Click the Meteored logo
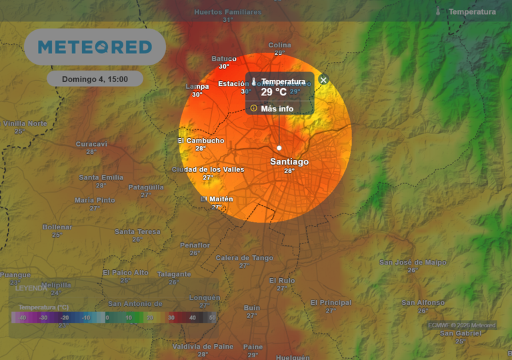click(95, 47)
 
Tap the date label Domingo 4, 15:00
click(95, 79)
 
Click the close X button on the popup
click(323, 80)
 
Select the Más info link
click(277, 109)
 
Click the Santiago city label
click(289, 162)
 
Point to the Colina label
click(280, 45)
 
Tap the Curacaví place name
click(91, 144)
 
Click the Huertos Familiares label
click(228, 12)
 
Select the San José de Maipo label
click(413, 262)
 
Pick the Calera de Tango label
click(245, 257)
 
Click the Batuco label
click(224, 58)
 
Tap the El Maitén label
click(217, 199)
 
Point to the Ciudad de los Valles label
click(208, 169)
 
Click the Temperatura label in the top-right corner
click(472, 12)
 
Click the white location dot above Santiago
click(279, 148)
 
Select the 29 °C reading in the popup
click(273, 92)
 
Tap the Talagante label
click(173, 274)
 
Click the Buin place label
click(252, 307)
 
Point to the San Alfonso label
click(423, 303)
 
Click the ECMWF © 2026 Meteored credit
click(461, 325)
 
